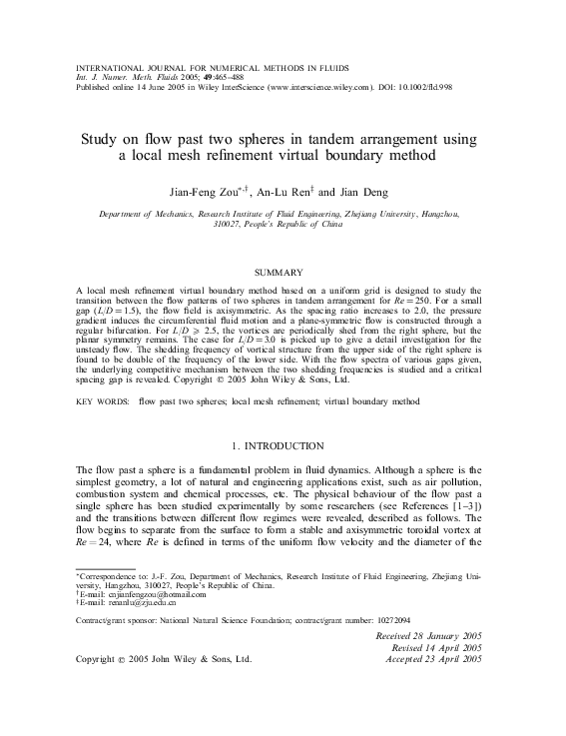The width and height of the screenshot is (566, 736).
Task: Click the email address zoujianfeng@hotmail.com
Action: click(x=137, y=621)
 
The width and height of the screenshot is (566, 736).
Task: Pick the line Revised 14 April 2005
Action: click(x=431, y=676)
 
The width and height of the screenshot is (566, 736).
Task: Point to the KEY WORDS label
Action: click(x=103, y=400)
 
